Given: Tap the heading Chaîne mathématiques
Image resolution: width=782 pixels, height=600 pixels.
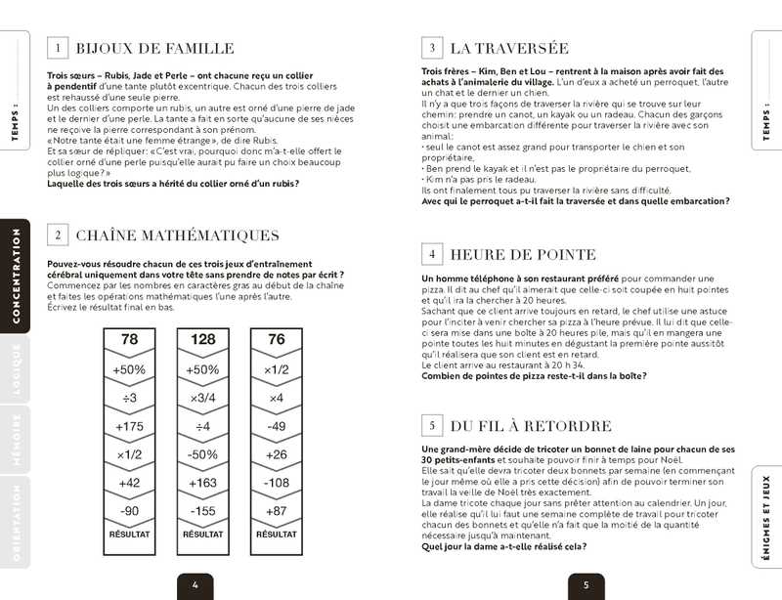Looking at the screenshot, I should pyautogui.click(x=177, y=235).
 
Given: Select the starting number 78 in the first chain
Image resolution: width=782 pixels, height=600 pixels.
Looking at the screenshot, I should pyautogui.click(x=130, y=340).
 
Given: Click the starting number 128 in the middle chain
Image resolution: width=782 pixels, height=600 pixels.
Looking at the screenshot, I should pyautogui.click(x=202, y=340).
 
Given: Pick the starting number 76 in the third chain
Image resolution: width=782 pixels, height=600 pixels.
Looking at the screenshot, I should pyautogui.click(x=277, y=340).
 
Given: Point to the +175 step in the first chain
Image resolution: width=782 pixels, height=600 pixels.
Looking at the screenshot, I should pyautogui.click(x=130, y=426).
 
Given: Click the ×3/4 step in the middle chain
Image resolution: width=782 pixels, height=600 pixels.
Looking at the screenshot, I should pyautogui.click(x=202, y=398).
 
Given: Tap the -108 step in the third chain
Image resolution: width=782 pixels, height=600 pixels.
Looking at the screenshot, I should pyautogui.click(x=277, y=482).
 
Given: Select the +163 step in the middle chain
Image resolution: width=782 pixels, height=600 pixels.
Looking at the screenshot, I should pyautogui.click(x=202, y=482).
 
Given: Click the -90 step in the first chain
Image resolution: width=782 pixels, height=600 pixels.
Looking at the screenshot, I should pyautogui.click(x=130, y=510).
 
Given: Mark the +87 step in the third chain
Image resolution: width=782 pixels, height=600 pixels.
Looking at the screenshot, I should pyautogui.click(x=277, y=510).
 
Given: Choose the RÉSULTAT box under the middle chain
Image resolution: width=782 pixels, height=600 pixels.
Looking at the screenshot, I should pyautogui.click(x=202, y=536).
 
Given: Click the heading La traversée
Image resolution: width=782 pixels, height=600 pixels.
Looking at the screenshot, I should pyautogui.click(x=508, y=48).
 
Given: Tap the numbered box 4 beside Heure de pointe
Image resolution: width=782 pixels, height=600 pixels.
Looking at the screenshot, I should pyautogui.click(x=431, y=255).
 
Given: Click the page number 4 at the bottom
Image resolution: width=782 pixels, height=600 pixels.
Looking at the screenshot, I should pyautogui.click(x=195, y=586).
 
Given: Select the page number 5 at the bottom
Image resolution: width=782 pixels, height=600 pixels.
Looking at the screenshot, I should pyautogui.click(x=586, y=586).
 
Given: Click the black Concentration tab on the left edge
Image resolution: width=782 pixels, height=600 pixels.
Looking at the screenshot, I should pyautogui.click(x=16, y=276).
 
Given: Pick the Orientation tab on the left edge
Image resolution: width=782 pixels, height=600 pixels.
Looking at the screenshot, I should pyautogui.click(x=16, y=522).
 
